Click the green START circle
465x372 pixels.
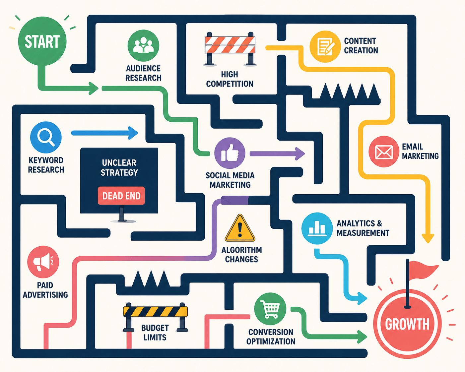(x=42, y=41)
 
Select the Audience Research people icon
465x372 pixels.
(x=143, y=45)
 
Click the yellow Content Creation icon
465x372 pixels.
(x=325, y=46)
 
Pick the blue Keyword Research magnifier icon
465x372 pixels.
(x=46, y=137)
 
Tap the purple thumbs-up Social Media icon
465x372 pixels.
(x=230, y=153)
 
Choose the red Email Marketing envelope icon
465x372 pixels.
(x=384, y=152)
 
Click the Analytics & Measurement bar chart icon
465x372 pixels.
(x=317, y=228)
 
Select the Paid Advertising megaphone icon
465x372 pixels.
(x=43, y=262)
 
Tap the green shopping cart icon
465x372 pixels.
(x=270, y=309)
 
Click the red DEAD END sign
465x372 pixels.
(x=121, y=196)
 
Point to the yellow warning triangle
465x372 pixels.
(x=240, y=228)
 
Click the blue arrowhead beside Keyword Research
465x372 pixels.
(x=133, y=133)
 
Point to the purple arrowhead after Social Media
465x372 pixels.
(x=300, y=154)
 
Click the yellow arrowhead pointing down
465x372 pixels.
(x=428, y=238)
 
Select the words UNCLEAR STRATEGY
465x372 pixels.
(x=119, y=168)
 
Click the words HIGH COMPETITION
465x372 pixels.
(x=230, y=79)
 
